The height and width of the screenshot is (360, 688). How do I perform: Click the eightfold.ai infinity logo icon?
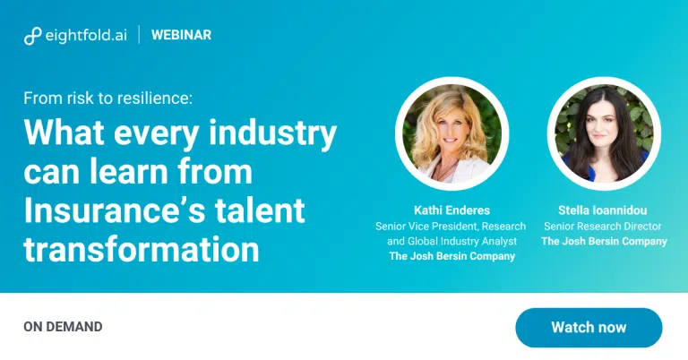point(33,36)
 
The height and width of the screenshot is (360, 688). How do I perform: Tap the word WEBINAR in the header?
point(181,35)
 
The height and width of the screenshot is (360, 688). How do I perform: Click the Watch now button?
point(589,328)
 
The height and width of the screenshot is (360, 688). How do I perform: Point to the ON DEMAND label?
point(63,327)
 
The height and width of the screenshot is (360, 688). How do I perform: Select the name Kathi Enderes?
point(451,210)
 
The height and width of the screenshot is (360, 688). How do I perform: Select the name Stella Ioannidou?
point(602,210)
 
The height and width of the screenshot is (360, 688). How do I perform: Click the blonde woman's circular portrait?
point(451,133)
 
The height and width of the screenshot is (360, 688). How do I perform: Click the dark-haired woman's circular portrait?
point(604,133)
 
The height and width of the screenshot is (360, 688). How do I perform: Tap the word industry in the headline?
point(272,133)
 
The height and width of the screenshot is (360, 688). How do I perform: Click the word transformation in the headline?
point(142,249)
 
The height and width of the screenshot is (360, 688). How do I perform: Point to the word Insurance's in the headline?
point(115,210)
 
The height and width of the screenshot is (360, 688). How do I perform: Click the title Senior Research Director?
point(602,227)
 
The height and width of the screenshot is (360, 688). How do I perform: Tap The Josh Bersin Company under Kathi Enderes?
point(451,256)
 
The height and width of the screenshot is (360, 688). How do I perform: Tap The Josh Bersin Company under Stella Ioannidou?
point(604,241)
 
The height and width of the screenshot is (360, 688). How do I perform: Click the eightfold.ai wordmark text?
point(86,35)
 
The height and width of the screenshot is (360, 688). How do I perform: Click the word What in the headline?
point(64,133)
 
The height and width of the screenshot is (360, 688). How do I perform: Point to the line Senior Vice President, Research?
point(451,227)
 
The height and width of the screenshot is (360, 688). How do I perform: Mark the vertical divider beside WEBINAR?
point(140,35)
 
